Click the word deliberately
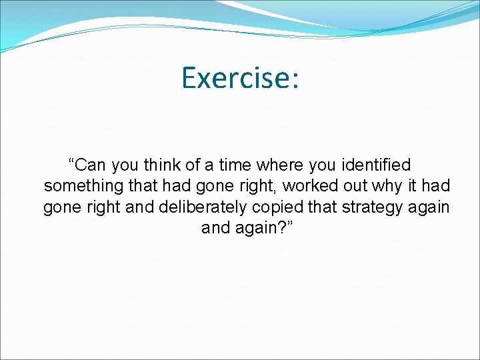pyautogui.click(x=199, y=207)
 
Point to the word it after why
pyautogui.click(x=401, y=185)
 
